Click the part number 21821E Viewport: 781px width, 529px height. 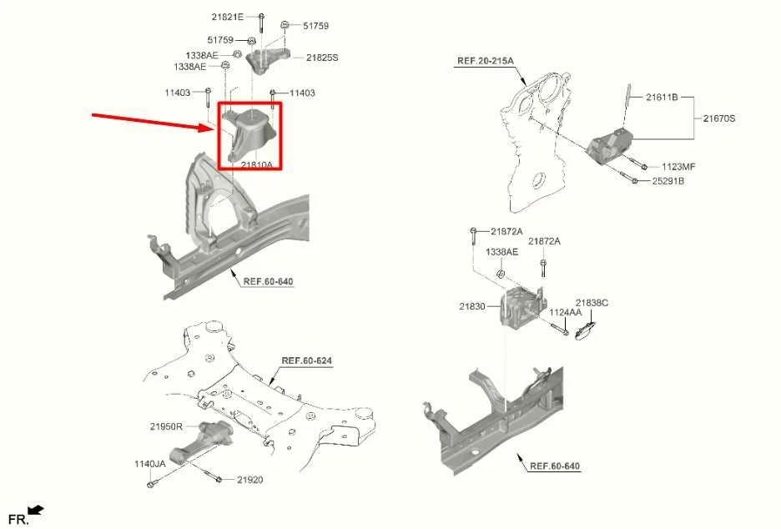pyautogui.click(x=228, y=17)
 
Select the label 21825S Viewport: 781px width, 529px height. pyautogui.click(x=321, y=58)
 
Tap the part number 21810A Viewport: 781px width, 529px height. pyautogui.click(x=256, y=165)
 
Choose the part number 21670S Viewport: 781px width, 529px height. pyautogui.click(x=718, y=118)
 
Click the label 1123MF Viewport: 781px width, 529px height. pyautogui.click(x=678, y=167)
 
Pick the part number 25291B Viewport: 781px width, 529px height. pyautogui.click(x=668, y=181)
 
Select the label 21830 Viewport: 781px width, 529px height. pyautogui.click(x=471, y=307)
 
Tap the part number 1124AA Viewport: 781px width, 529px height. pyautogui.click(x=565, y=312)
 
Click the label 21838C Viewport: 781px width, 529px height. pyautogui.click(x=592, y=303)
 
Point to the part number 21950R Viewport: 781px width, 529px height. pyautogui.click(x=166, y=426)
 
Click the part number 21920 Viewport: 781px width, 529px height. pyautogui.click(x=249, y=480)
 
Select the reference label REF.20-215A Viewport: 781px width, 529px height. pyautogui.click(x=485, y=61)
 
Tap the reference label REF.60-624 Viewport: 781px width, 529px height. pyautogui.click(x=306, y=360)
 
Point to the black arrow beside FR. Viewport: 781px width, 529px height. pyautogui.click(x=36, y=510)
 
